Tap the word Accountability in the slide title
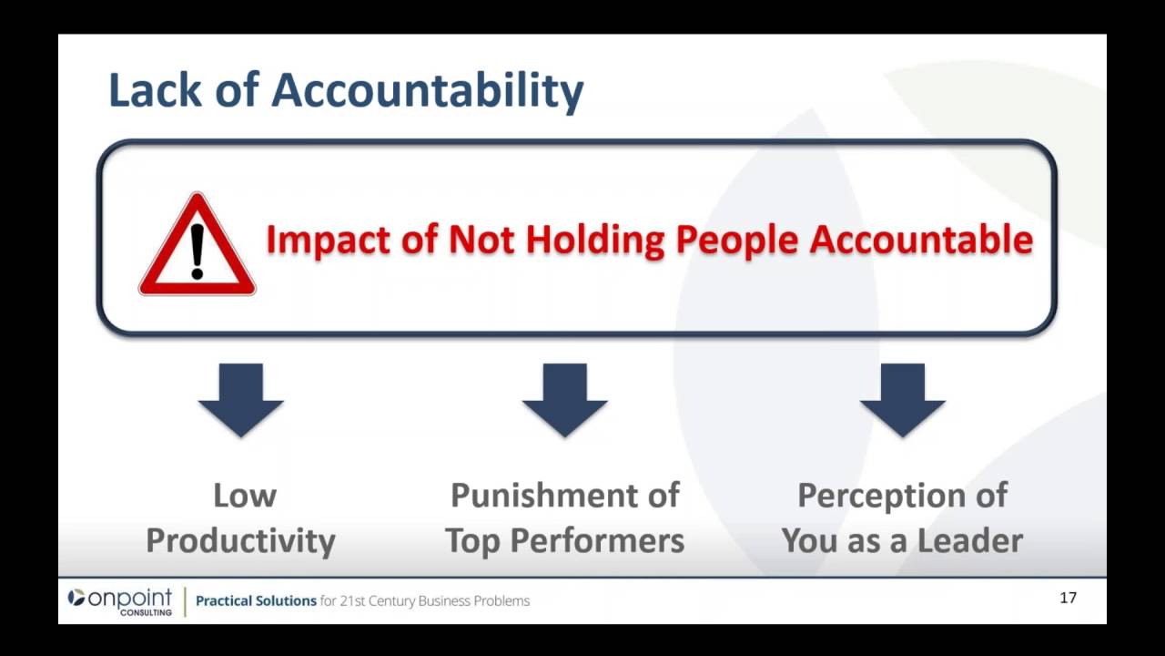tap(428, 91)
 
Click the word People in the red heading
tap(736, 240)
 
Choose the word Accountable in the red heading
tap(921, 240)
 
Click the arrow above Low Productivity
tap(241, 399)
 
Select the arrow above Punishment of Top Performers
tap(564, 399)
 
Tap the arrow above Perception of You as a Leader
tap(902, 399)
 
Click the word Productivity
tap(241, 541)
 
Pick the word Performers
tap(597, 541)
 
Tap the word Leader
tap(970, 541)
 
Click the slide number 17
tap(1069, 598)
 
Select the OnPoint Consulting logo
tap(119, 600)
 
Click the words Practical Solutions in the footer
tap(256, 601)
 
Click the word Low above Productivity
tap(245, 496)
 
